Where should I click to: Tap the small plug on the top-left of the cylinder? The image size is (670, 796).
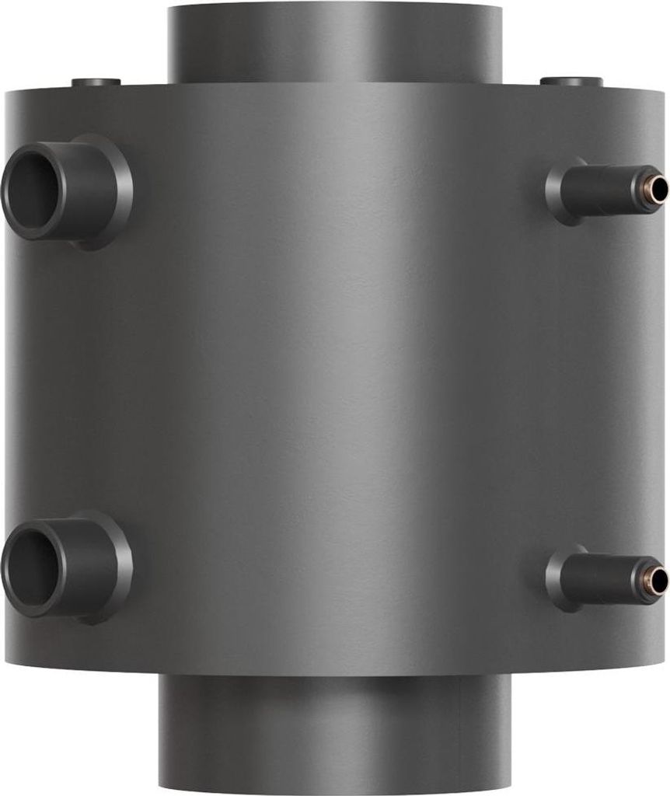pyautogui.click(x=96, y=82)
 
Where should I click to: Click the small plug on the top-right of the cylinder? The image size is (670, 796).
pyautogui.click(x=571, y=81)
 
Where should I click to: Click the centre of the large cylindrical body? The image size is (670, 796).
pyautogui.click(x=334, y=381)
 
